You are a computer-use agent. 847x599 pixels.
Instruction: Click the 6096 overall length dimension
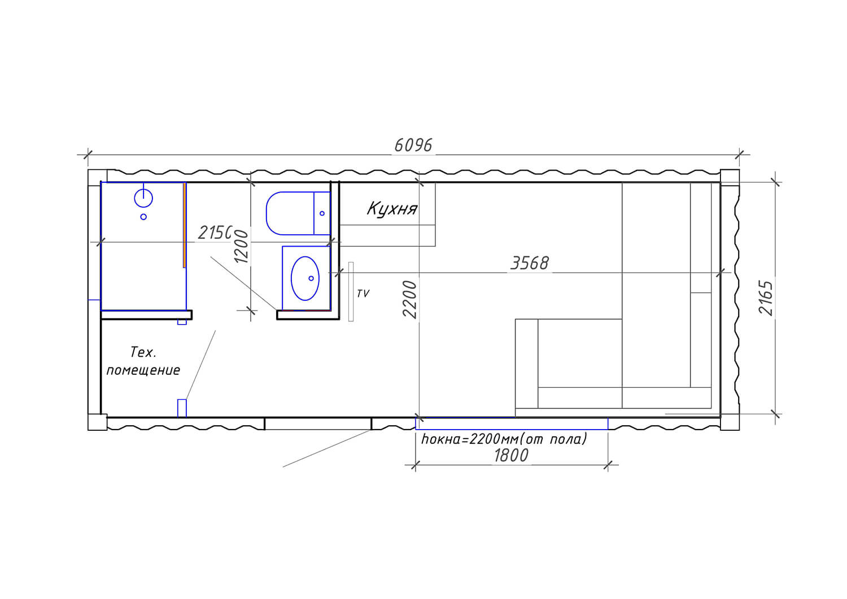click(413, 146)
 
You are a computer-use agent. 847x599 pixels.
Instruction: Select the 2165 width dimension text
click(766, 298)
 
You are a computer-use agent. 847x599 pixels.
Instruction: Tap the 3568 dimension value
click(530, 263)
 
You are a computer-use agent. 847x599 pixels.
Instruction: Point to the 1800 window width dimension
click(511, 456)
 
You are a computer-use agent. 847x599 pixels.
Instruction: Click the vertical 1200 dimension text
click(241, 247)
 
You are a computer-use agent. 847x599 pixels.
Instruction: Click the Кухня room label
click(392, 208)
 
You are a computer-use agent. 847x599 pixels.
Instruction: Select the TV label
click(363, 294)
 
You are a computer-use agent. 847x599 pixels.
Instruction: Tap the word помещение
click(143, 370)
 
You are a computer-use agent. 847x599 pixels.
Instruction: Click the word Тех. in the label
click(143, 352)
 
